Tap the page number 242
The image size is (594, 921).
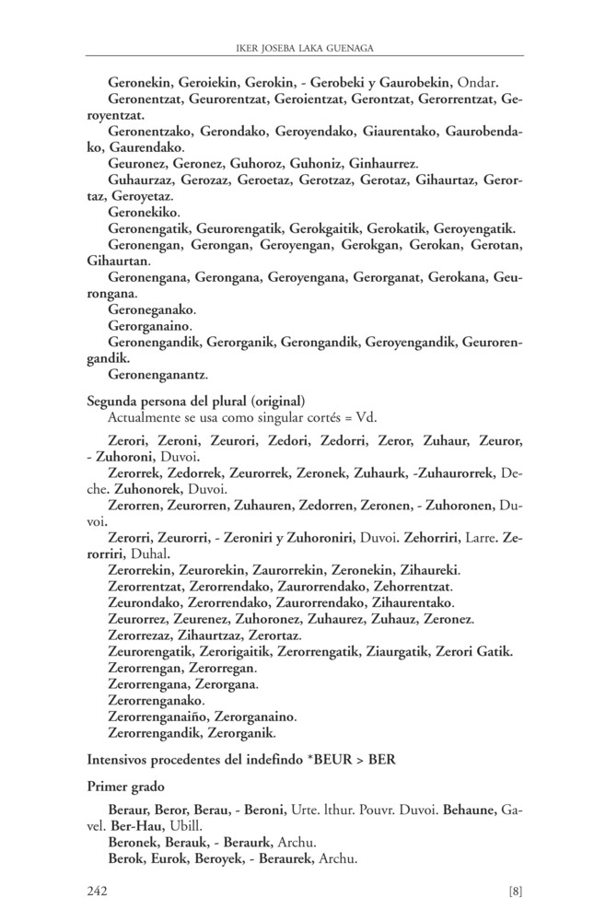[x=99, y=890]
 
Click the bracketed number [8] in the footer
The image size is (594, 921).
[x=515, y=890]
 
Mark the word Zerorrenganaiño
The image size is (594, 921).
[x=161, y=717]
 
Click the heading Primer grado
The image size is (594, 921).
[x=124, y=787]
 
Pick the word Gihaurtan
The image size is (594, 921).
[x=111, y=262]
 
